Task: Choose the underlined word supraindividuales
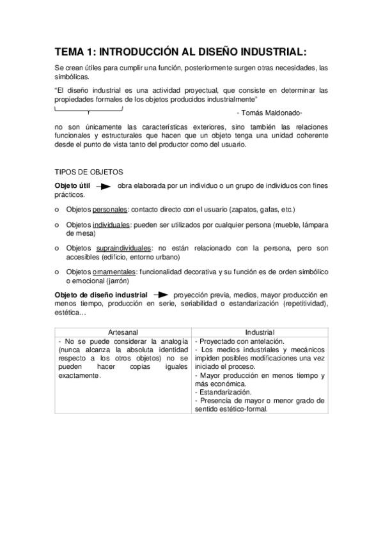[124, 248]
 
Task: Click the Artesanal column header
[122, 332]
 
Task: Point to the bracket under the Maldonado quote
[88, 110]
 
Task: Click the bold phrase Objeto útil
[73, 185]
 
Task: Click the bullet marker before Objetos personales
[58, 210]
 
